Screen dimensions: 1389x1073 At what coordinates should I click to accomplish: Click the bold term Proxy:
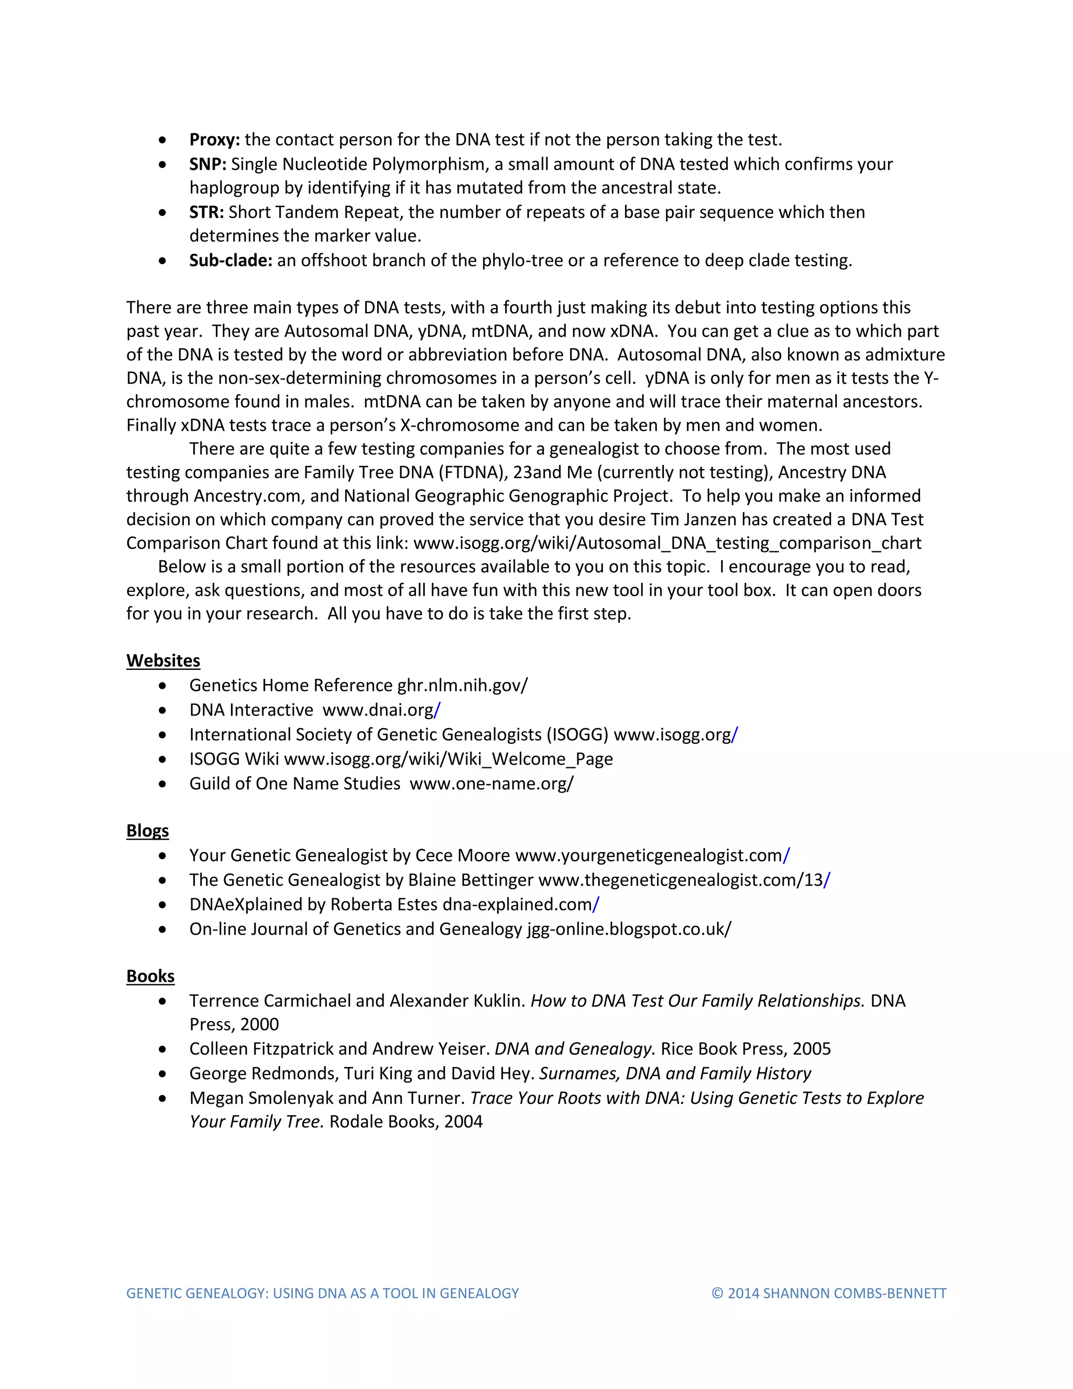(x=214, y=139)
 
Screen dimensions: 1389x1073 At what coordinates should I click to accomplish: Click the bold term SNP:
(x=207, y=164)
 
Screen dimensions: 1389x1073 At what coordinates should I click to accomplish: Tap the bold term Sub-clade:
(x=230, y=260)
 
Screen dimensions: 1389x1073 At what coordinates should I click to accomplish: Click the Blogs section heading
(x=147, y=831)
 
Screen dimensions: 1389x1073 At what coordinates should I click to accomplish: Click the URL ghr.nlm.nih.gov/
(x=462, y=685)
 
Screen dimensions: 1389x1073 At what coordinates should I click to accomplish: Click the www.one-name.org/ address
(x=491, y=784)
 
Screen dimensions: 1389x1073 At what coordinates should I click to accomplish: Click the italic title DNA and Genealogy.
(x=575, y=1049)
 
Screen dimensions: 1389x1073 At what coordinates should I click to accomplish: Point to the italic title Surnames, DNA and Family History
(x=675, y=1073)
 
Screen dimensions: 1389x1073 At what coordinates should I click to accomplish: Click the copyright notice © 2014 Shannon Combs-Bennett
(x=829, y=1293)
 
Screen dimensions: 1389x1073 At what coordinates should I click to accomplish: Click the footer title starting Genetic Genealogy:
(x=322, y=1293)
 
